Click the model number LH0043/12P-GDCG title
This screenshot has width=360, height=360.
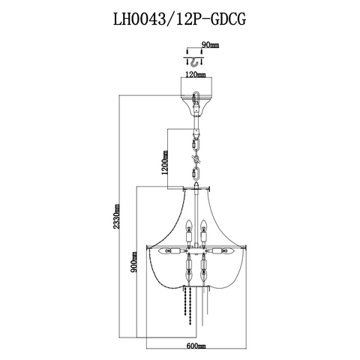[x=179, y=19]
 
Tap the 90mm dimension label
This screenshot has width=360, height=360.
[x=210, y=45]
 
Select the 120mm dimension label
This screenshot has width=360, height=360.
[x=196, y=74]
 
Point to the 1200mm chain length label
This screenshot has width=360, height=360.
[x=164, y=163]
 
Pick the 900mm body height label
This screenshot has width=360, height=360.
[x=133, y=262]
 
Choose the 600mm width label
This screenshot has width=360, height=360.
[x=196, y=346]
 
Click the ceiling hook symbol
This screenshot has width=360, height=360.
[x=195, y=62]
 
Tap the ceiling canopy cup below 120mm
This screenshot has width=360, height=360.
[x=196, y=104]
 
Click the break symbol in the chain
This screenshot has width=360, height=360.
[x=196, y=159]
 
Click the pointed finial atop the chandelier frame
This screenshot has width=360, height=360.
[x=196, y=185]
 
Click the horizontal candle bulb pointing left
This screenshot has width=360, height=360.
[x=165, y=250]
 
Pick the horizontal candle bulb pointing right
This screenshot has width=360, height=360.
[x=228, y=250]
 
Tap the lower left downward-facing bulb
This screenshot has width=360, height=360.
[x=189, y=274]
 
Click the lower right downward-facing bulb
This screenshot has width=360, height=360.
[x=204, y=274]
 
